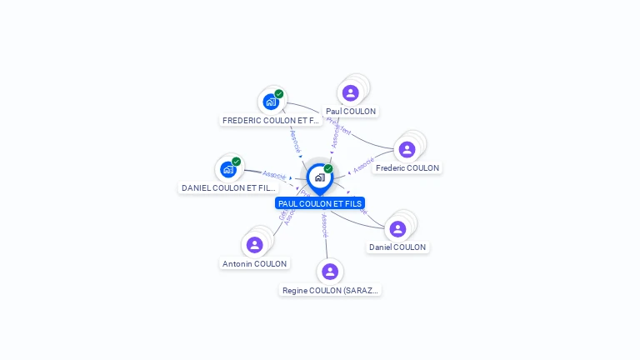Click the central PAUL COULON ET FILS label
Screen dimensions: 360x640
pyautogui.click(x=320, y=203)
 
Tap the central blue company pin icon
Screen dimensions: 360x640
pyautogui.click(x=319, y=177)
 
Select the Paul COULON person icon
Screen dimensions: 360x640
pyautogui.click(x=351, y=92)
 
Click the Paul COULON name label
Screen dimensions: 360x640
pyautogui.click(x=351, y=112)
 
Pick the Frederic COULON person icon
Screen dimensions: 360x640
pyautogui.click(x=407, y=149)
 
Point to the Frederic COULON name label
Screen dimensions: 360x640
pyautogui.click(x=407, y=168)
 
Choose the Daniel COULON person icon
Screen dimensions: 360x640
pyautogui.click(x=397, y=228)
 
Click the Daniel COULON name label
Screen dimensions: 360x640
pyautogui.click(x=397, y=247)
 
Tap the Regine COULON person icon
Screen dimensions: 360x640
pyautogui.click(x=330, y=272)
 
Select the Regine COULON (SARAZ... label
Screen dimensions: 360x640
pyautogui.click(x=331, y=291)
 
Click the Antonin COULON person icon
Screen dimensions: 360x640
pyautogui.click(x=255, y=244)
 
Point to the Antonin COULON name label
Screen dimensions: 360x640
pyautogui.click(x=255, y=264)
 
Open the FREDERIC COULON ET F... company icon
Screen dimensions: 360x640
pyautogui.click(x=271, y=102)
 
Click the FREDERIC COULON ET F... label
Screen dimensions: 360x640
pyautogui.click(x=271, y=121)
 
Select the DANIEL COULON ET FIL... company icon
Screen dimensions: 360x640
pyautogui.click(x=228, y=169)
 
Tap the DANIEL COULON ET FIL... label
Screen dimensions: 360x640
pyautogui.click(x=228, y=188)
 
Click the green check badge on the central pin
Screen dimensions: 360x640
pyautogui.click(x=328, y=169)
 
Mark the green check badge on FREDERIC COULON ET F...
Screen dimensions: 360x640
pyautogui.click(x=279, y=94)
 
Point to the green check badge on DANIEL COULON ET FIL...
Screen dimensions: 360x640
pyautogui.click(x=237, y=162)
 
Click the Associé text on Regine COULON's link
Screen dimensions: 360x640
pyautogui.click(x=325, y=224)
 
